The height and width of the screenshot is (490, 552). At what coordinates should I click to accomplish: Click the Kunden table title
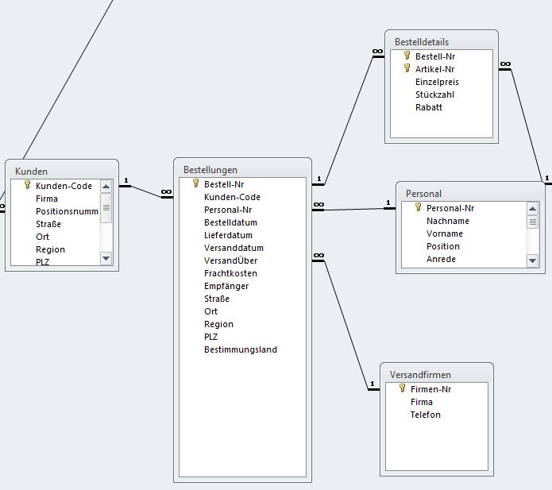(x=31, y=172)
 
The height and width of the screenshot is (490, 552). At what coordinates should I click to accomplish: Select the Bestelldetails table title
(x=422, y=42)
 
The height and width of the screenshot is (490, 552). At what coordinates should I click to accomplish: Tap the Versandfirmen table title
(x=420, y=375)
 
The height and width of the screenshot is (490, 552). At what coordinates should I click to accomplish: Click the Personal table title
(x=423, y=194)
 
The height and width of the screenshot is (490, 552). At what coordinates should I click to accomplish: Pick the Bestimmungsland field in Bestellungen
(x=241, y=349)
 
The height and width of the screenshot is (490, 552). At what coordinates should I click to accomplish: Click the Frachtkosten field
(x=230, y=273)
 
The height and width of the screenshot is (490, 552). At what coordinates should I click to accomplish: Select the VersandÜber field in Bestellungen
(x=230, y=260)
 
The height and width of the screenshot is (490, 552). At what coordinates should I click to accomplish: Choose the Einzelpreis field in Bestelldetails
(x=437, y=82)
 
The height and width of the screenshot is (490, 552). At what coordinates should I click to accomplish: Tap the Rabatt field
(x=429, y=107)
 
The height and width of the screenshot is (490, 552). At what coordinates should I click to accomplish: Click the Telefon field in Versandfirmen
(x=425, y=415)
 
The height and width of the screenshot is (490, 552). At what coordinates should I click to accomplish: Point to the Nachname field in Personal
(x=448, y=221)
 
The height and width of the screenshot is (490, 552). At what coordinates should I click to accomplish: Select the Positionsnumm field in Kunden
(x=67, y=211)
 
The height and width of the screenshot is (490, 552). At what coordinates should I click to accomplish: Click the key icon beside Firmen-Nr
(x=403, y=388)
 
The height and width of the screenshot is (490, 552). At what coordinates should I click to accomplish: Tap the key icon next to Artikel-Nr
(x=407, y=68)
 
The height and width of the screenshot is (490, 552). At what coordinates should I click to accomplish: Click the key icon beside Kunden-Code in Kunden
(x=28, y=185)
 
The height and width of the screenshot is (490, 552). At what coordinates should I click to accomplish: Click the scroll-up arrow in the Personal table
(x=532, y=209)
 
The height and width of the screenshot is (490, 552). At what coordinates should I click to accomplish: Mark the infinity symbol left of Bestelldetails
(x=377, y=52)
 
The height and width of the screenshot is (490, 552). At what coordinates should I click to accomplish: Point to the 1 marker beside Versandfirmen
(x=373, y=384)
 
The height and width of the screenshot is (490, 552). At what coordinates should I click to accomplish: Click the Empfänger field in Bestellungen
(x=226, y=286)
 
